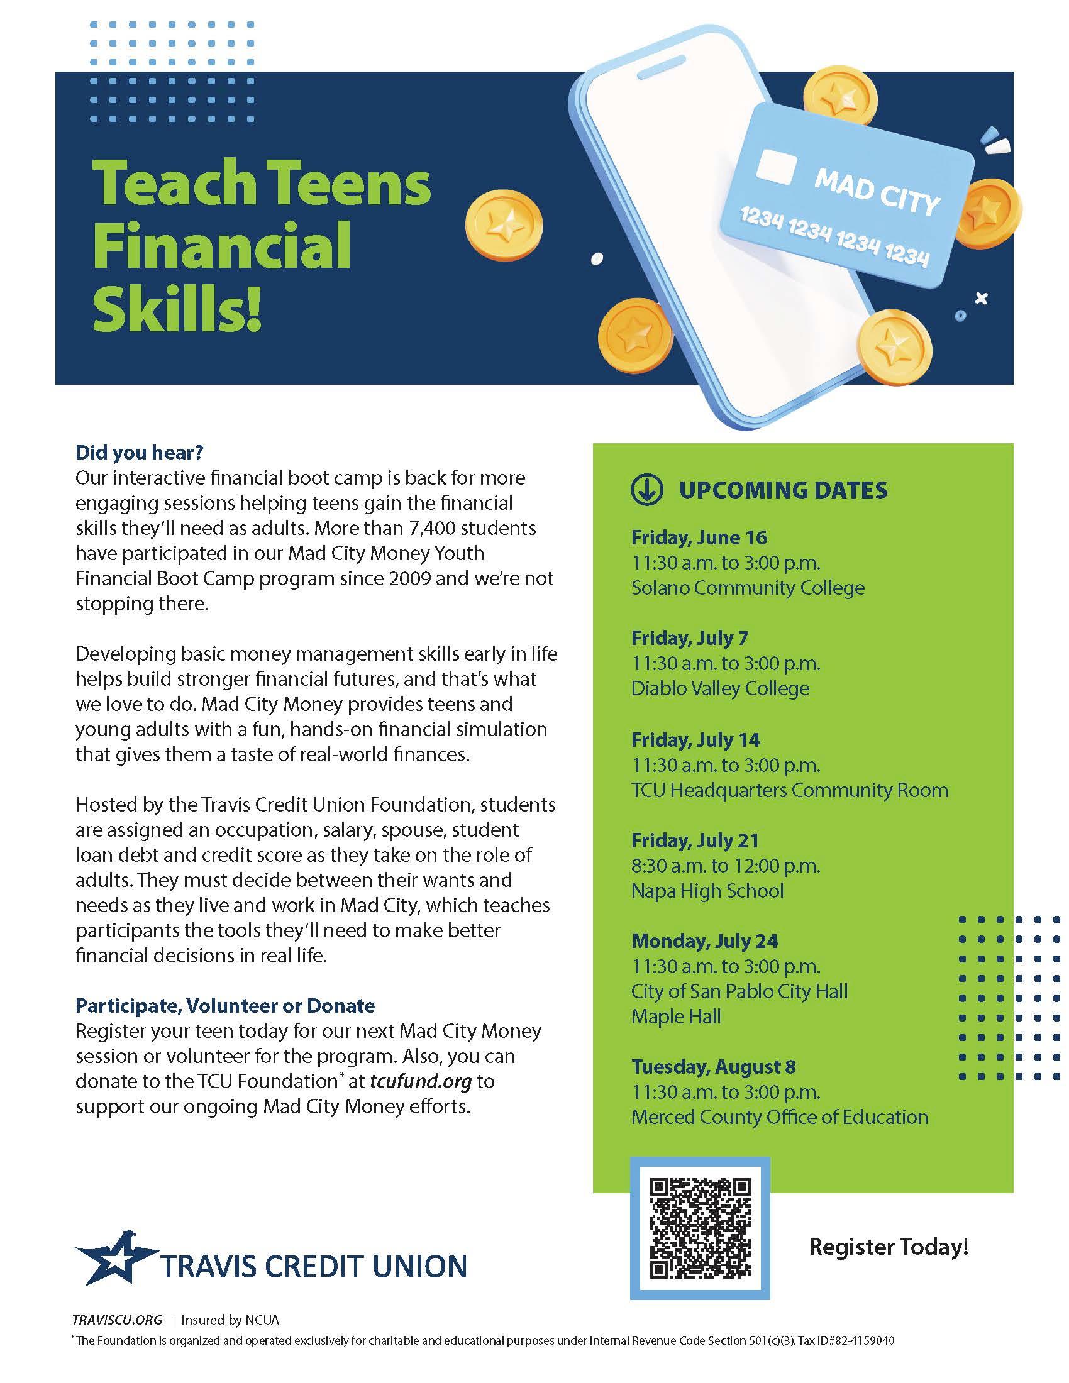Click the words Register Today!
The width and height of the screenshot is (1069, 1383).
[x=889, y=1247]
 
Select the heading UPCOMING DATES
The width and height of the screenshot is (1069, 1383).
[x=783, y=490]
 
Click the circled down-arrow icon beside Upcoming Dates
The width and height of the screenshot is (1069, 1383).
[x=646, y=490]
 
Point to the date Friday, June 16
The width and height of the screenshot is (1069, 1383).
[x=699, y=537]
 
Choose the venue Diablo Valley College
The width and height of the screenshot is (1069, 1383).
[x=720, y=688]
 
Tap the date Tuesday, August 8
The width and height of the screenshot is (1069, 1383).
[x=713, y=1067]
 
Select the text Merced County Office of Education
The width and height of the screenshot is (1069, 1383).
[x=779, y=1117]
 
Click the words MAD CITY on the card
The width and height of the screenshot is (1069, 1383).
[x=877, y=192]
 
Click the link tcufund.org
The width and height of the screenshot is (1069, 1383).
[x=421, y=1081]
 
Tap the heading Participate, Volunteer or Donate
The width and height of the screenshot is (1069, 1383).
[x=225, y=1006]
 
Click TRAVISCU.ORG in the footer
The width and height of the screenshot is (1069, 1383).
[x=117, y=1320]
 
